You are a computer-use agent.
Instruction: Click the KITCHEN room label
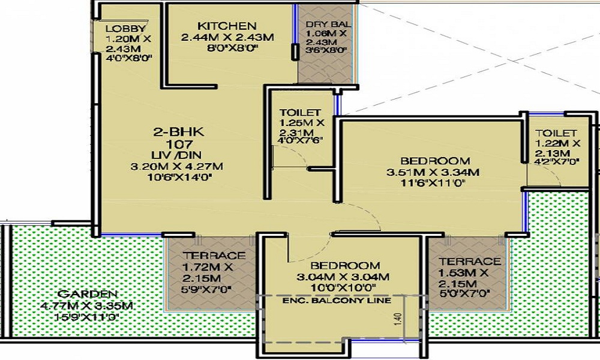(227, 26)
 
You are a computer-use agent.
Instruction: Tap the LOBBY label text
(126, 29)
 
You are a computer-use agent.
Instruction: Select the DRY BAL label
(328, 24)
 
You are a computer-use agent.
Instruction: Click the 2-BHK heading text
(179, 132)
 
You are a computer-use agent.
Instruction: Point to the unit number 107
(179, 144)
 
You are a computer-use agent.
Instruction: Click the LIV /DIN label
(176, 155)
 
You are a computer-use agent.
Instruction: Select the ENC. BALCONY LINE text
(337, 301)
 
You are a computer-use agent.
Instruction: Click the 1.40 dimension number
(398, 319)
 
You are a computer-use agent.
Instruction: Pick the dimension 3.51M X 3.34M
(433, 172)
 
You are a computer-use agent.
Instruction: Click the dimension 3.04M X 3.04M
(343, 277)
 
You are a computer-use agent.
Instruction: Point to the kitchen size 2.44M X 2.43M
(227, 37)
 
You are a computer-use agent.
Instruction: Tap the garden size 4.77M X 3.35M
(86, 305)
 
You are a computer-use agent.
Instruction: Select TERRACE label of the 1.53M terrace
(470, 262)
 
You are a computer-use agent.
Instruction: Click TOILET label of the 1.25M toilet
(300, 112)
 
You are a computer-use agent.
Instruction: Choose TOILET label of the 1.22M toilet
(556, 133)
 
